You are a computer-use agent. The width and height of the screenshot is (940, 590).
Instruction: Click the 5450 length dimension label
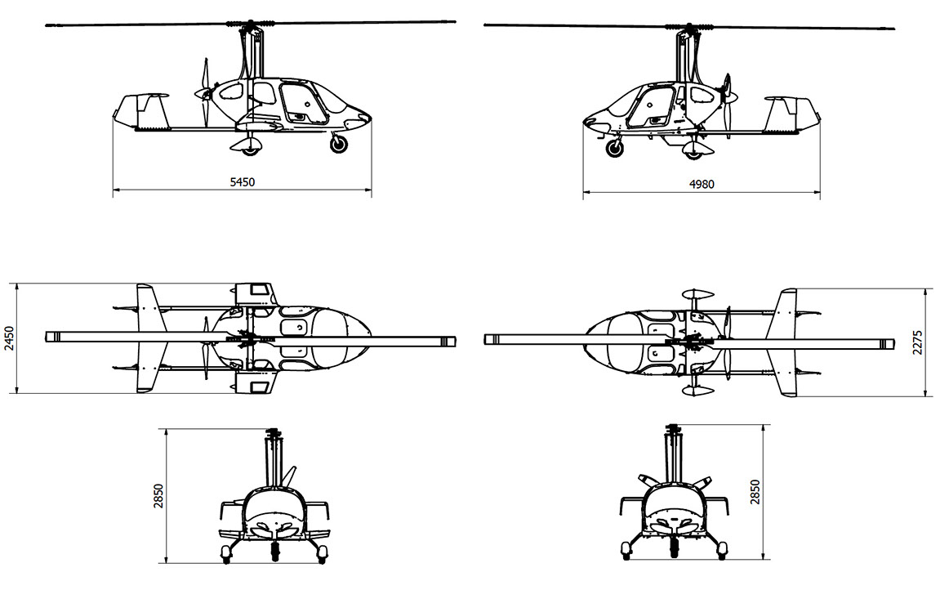[243, 182]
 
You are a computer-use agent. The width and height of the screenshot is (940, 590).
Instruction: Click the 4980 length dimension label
[702, 184]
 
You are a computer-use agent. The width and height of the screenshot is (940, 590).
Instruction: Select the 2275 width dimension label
[918, 342]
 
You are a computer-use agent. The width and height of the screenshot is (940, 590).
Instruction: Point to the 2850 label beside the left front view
[158, 496]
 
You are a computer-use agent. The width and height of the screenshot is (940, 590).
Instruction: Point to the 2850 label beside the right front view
[755, 492]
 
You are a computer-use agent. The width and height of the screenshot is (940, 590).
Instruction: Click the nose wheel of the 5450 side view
[339, 144]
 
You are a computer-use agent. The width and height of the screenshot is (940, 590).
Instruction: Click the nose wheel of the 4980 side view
[614, 147]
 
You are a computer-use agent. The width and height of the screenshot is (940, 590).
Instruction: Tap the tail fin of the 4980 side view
[790, 114]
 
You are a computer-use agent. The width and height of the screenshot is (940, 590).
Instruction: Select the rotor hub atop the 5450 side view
[250, 25]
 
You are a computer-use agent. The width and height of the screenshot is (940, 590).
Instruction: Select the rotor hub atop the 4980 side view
[688, 28]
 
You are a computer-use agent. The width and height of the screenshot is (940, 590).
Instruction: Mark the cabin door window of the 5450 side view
[303, 103]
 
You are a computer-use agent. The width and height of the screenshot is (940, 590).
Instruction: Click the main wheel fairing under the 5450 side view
[247, 145]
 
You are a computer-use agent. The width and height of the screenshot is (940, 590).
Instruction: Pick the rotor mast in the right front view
[673, 456]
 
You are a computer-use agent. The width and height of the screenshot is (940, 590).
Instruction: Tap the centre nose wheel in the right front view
[675, 547]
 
